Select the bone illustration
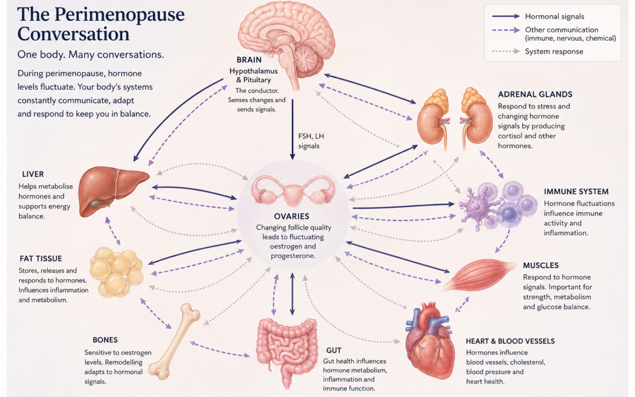click(174, 341)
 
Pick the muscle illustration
click(480, 275)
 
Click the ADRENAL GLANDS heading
click(535, 94)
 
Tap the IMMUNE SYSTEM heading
click(576, 192)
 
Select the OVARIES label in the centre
click(292, 216)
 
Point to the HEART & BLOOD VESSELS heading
click(510, 341)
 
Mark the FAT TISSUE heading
click(41, 258)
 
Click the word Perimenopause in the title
click(119, 15)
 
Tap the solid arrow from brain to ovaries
click(292, 129)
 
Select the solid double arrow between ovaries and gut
click(292, 294)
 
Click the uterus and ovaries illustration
click(293, 191)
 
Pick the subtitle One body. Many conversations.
click(91, 55)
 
